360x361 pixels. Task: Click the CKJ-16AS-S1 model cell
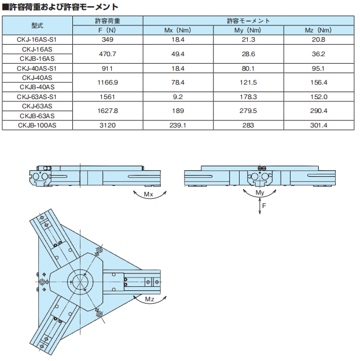(37, 39)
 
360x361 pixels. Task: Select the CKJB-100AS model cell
(37, 126)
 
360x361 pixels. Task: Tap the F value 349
(108, 39)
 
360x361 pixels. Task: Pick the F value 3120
(108, 126)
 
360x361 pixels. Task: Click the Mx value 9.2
(178, 97)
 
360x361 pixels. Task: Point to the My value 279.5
(248, 111)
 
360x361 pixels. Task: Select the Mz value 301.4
(318, 126)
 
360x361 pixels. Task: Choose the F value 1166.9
(108, 82)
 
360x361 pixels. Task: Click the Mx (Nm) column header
(178, 30)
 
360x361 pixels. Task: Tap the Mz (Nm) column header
(318, 30)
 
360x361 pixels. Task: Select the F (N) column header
(107, 30)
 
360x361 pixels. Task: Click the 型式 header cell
(37, 25)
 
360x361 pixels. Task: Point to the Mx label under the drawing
(148, 195)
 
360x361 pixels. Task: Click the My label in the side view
(260, 193)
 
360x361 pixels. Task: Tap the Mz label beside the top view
(149, 299)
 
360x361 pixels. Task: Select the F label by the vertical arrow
(264, 206)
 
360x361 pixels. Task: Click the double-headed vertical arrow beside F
(260, 206)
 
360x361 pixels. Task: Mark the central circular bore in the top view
(80, 282)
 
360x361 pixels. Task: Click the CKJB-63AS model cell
(37, 116)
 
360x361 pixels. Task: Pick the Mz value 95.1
(318, 68)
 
